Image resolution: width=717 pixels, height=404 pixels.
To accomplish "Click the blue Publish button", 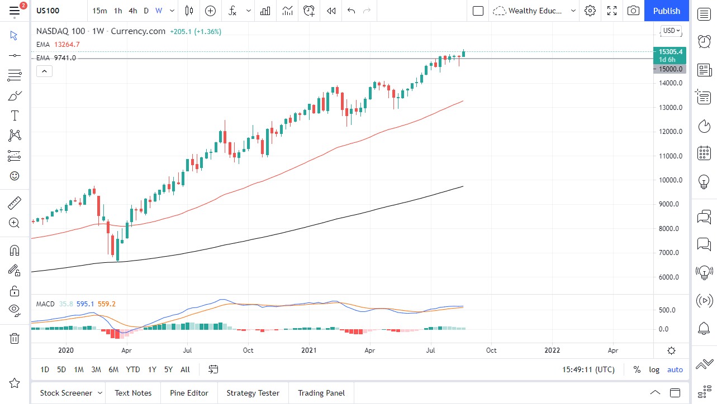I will [666, 11].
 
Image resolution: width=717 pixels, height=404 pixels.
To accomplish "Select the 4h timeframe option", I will [132, 11].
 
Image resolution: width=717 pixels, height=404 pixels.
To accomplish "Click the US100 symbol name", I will [48, 11].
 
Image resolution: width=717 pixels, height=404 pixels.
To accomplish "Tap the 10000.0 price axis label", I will [671, 180].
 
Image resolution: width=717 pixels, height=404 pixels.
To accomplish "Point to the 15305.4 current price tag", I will [670, 51].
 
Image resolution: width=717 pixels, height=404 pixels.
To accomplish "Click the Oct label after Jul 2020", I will [248, 350].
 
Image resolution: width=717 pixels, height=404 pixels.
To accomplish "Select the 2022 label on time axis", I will [552, 350].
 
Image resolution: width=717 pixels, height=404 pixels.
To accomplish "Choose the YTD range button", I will [133, 369].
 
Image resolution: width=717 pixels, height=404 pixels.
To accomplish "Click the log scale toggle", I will [654, 369].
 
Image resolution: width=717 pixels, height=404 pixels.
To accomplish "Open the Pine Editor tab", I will [189, 393].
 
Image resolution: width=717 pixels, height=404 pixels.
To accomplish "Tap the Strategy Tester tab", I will [253, 393].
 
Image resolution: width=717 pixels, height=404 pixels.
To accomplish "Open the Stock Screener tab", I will [66, 393].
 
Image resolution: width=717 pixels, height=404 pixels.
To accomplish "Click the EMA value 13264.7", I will [67, 45].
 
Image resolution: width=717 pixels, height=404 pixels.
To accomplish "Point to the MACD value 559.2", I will [106, 304].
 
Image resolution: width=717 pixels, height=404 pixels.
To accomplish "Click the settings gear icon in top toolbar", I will [590, 11].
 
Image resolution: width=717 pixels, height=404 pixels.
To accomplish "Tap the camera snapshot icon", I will [633, 11].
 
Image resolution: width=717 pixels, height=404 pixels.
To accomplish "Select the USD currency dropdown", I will [671, 31].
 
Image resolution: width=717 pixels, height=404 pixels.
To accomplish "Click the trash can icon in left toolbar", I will [15, 338].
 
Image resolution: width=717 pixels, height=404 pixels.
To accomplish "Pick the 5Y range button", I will [168, 369].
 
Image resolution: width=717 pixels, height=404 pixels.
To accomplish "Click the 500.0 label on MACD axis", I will [671, 310].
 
